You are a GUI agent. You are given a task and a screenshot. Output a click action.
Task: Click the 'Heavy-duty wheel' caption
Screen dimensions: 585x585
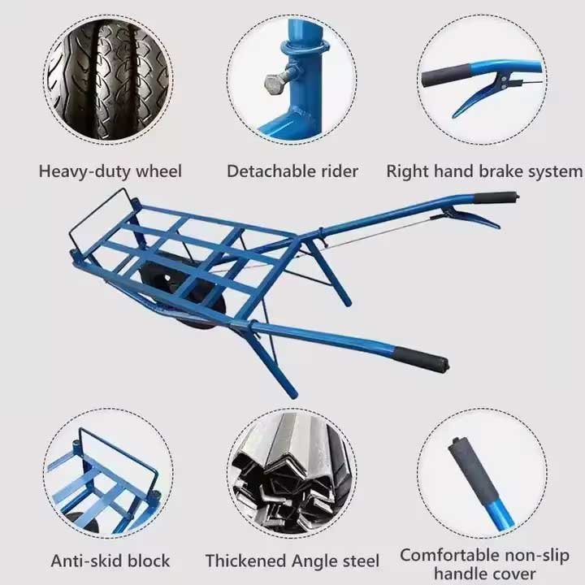coord(110,171)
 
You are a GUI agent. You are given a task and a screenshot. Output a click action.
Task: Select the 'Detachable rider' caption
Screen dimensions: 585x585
coord(292,171)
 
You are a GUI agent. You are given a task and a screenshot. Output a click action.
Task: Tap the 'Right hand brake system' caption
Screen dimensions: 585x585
coord(484,171)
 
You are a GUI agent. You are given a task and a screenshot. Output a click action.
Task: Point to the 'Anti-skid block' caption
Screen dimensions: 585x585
coord(110,561)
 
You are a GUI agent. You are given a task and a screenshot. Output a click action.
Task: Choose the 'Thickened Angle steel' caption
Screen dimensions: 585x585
coord(292,561)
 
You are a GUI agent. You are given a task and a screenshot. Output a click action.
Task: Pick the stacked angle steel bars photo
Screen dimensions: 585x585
coord(292,471)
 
